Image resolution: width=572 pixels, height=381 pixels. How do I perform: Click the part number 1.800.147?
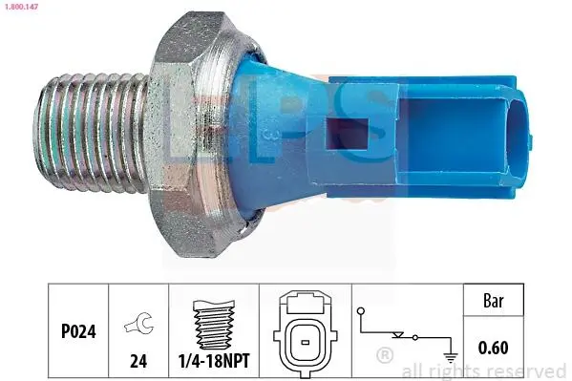click(x=20, y=6)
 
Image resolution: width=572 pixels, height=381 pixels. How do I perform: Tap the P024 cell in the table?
click(x=78, y=331)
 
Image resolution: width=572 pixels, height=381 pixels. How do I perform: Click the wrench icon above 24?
click(x=139, y=322)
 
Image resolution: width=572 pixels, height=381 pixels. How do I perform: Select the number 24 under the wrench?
click(x=138, y=361)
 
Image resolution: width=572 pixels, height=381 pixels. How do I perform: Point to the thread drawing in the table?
click(x=214, y=325)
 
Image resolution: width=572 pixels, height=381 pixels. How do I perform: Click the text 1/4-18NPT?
click(x=214, y=361)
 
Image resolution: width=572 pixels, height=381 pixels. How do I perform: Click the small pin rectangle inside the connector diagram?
click(x=306, y=342)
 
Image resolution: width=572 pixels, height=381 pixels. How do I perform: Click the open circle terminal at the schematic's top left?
click(x=361, y=311)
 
